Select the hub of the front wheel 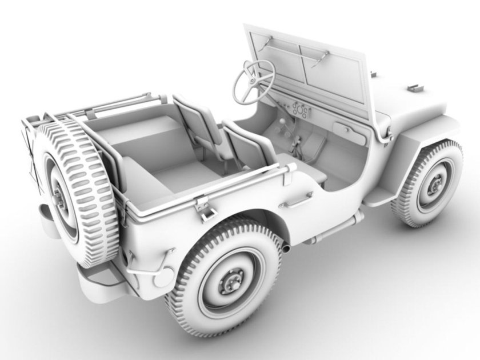pyautogui.click(x=435, y=184)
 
